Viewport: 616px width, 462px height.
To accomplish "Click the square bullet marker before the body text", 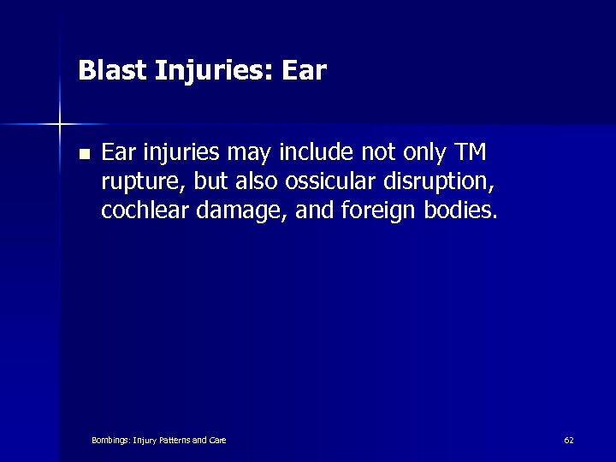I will tap(82, 155).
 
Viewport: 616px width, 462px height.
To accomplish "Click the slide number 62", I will tap(569, 440).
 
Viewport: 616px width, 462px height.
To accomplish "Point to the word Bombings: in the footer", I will tap(111, 440).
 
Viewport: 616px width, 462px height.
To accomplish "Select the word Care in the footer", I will tap(217, 440).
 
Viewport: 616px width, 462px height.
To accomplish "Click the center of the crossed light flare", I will tap(60, 125).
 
